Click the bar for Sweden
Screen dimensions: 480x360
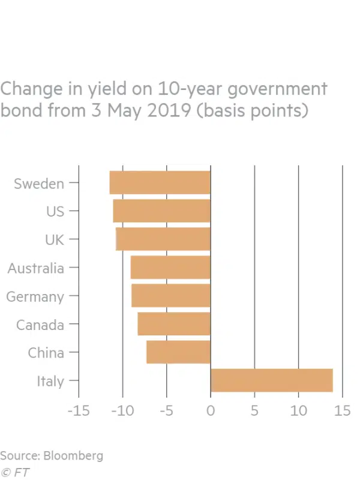tap(160, 183)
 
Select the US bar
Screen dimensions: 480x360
tap(162, 211)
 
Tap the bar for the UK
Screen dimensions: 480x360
tap(163, 239)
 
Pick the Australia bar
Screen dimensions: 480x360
tap(170, 268)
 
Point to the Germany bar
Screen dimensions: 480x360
tap(171, 296)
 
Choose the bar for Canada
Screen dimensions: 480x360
tap(174, 324)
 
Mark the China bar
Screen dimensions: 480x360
tap(178, 352)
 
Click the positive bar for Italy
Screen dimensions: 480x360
tap(271, 380)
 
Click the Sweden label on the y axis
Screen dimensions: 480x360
tap(39, 184)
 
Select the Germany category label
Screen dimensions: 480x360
tap(35, 296)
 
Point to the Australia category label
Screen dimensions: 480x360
tap(35, 268)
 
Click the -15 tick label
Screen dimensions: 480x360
tap(78, 412)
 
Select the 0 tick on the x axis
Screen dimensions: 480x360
tap(211, 412)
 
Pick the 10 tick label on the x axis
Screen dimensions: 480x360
tap(298, 412)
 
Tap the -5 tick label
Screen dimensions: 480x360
tap(166, 412)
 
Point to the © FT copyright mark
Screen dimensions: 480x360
tap(15, 472)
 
